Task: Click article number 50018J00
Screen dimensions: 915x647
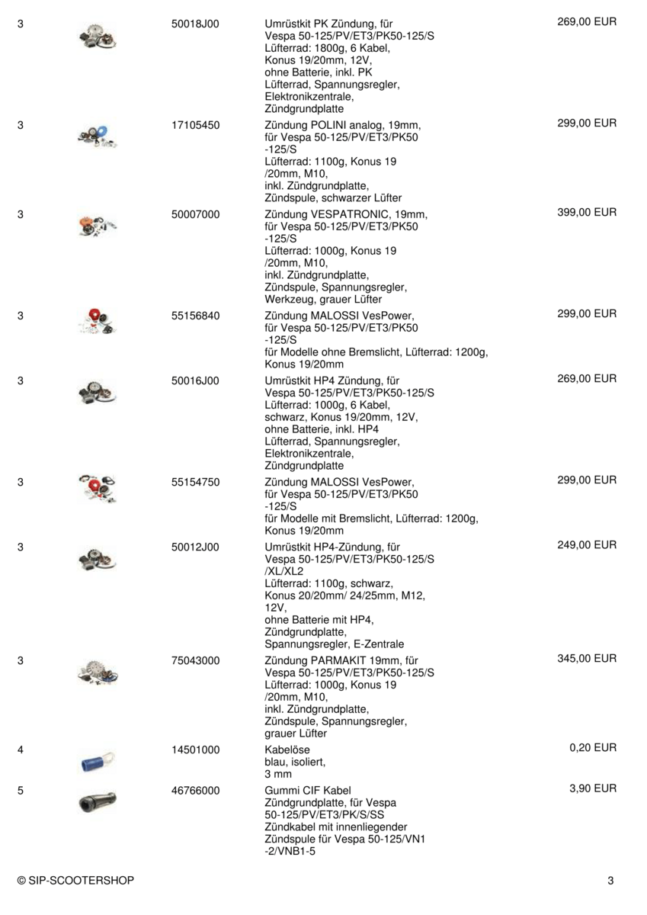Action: pos(195,24)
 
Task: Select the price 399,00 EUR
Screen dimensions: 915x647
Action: pos(587,213)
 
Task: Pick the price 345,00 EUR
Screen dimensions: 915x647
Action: pos(587,658)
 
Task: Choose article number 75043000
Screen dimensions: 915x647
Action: pos(196,660)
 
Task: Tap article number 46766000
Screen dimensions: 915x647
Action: pos(196,790)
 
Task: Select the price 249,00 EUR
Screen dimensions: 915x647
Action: pos(587,544)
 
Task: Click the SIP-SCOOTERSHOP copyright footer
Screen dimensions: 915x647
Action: pos(75,881)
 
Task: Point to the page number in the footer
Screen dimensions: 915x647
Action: pos(610,881)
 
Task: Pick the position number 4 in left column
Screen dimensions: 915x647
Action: pos(20,750)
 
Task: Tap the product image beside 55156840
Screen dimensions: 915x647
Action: pos(97,323)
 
